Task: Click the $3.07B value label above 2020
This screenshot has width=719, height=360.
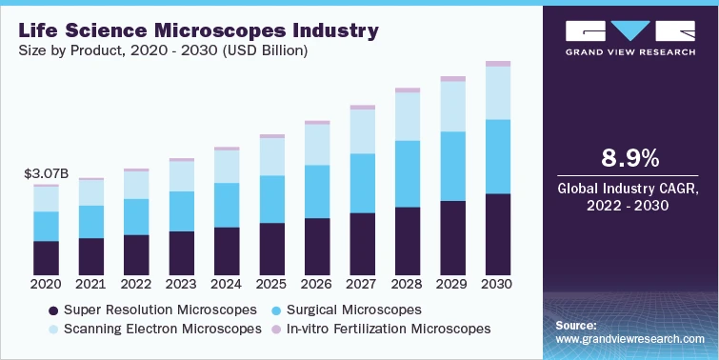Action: pyautogui.click(x=45, y=174)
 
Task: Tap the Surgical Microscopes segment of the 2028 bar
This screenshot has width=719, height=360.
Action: pyautogui.click(x=407, y=173)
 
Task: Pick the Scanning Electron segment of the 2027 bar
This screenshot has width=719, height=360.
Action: pyautogui.click(x=362, y=131)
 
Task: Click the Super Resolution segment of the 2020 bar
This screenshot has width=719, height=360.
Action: pyautogui.click(x=46, y=256)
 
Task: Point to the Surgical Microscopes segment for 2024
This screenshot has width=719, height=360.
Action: pyautogui.click(x=226, y=205)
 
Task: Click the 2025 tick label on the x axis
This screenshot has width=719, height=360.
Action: pyautogui.click(x=271, y=284)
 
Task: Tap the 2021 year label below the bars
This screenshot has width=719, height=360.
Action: pyautogui.click(x=90, y=284)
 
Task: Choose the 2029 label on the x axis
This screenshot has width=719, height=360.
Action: pyautogui.click(x=452, y=284)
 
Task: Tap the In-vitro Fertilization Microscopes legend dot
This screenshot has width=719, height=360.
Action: pyautogui.click(x=276, y=329)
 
